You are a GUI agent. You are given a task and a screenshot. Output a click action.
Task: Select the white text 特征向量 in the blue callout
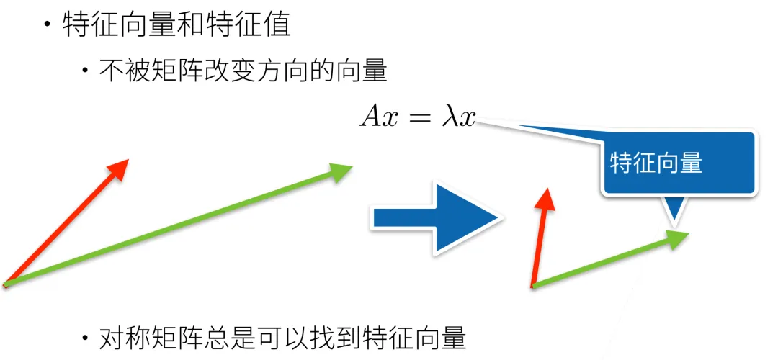point(656,163)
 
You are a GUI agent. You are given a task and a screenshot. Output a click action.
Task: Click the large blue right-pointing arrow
point(435,217)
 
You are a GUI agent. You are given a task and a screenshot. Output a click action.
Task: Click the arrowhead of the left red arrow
point(119,168)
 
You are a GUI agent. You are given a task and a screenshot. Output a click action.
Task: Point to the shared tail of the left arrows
point(6,285)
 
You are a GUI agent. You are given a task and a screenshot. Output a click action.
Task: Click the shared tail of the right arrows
point(533,286)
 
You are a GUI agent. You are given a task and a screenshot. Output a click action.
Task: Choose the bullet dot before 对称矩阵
point(86,337)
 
